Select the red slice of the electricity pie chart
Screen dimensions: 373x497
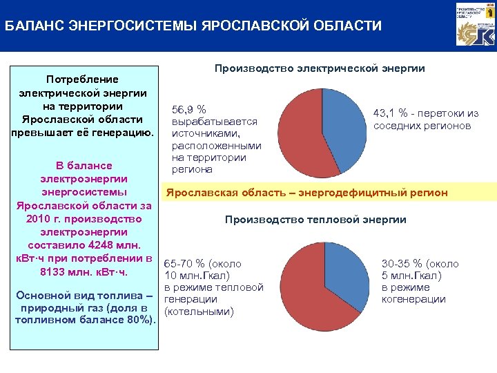(304, 138)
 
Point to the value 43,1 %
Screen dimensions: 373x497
(389, 114)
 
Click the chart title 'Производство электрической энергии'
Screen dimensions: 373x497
(320, 68)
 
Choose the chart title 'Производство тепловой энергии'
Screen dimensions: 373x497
(315, 220)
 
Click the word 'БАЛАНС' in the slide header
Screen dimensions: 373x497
(31, 26)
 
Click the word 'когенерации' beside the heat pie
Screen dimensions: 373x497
(413, 299)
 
